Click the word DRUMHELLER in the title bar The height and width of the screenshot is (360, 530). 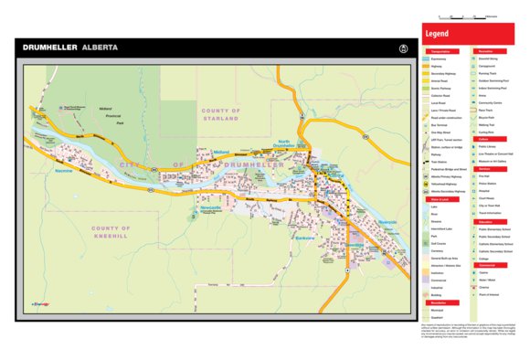coord(49,47)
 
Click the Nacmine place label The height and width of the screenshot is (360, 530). coord(63,171)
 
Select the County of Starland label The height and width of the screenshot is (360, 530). coord(220,114)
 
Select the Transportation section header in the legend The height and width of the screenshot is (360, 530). coord(441,52)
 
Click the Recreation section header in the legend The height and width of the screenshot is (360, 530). coord(486,52)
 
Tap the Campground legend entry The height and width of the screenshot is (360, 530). coord(487,67)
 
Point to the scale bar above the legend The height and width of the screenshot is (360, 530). coord(466,17)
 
